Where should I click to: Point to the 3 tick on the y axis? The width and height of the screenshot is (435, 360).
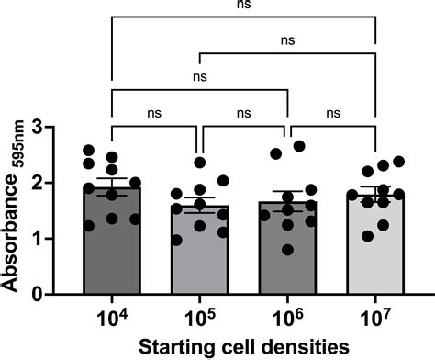coord(54,127)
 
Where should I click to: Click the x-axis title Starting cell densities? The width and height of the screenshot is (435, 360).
coord(242,346)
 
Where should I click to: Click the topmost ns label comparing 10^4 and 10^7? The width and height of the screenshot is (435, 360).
coord(242,5)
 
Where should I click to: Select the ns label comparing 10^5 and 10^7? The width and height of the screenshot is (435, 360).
coord(287,40)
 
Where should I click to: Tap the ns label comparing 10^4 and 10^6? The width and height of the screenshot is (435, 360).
coord(199,77)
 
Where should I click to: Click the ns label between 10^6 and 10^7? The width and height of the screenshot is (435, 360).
coord(331,113)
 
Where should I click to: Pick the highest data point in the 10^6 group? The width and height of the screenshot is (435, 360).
coord(298,146)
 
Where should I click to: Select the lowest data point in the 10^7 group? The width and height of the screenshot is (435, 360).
coord(369,236)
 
